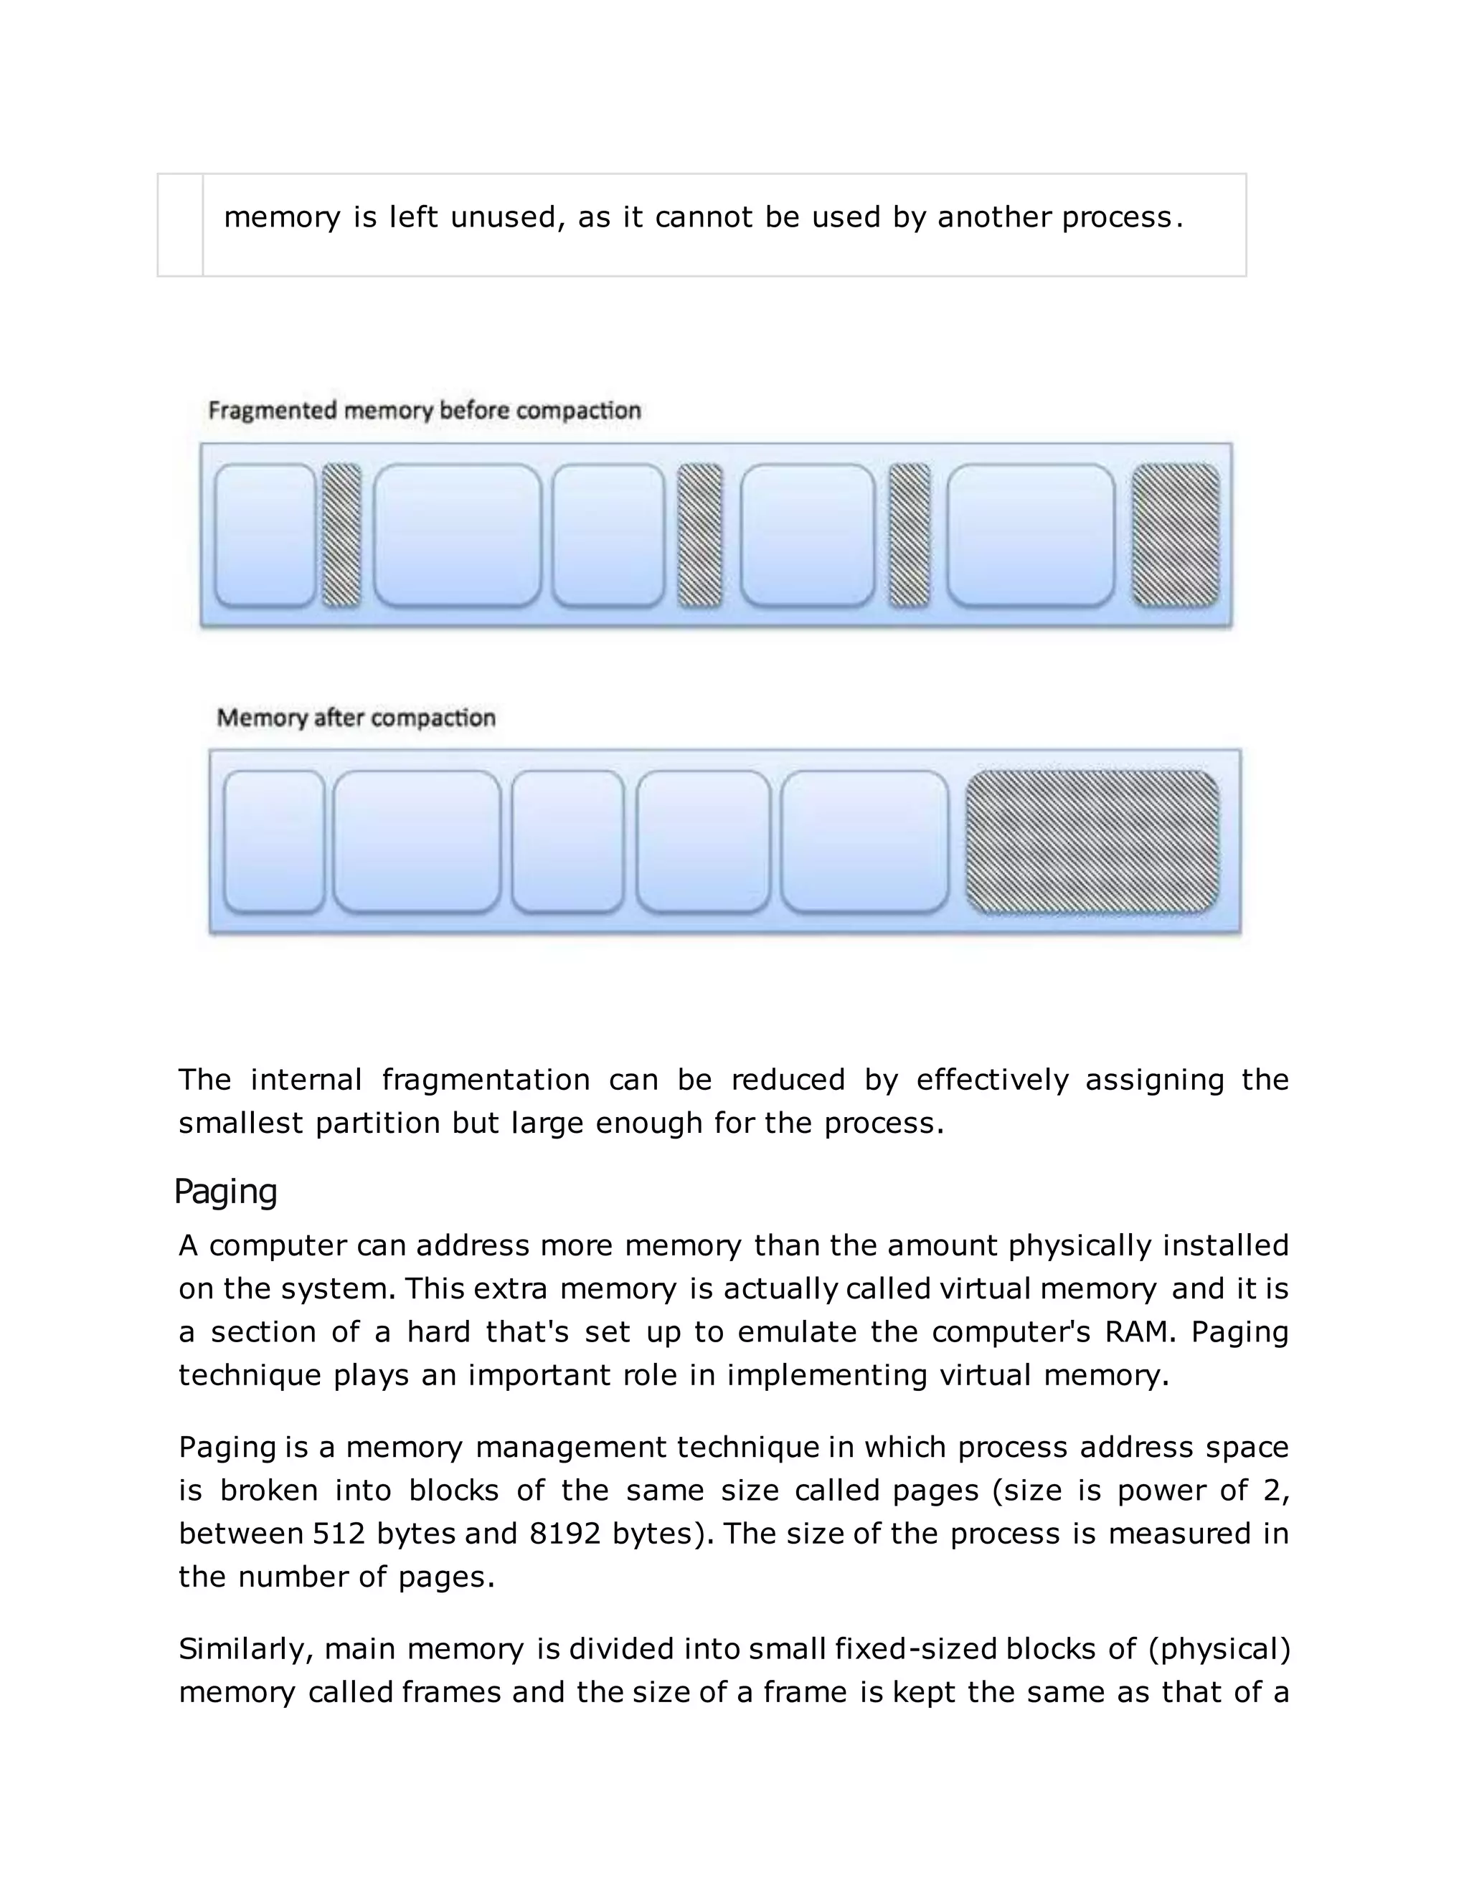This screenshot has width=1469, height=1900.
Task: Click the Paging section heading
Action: (x=225, y=1192)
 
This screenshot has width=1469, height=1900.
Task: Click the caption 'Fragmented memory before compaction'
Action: (x=425, y=411)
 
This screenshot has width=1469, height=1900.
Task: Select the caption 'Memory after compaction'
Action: (x=356, y=718)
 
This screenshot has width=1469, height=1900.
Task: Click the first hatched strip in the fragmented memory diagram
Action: (x=341, y=535)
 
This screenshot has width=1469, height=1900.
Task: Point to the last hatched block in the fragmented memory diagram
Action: (x=1175, y=535)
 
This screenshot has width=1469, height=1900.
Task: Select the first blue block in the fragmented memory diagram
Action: (x=265, y=535)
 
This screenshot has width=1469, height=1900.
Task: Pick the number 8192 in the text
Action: (x=565, y=1533)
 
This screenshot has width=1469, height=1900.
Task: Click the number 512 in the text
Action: (x=339, y=1533)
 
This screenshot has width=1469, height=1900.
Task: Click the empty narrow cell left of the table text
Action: (x=180, y=225)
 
